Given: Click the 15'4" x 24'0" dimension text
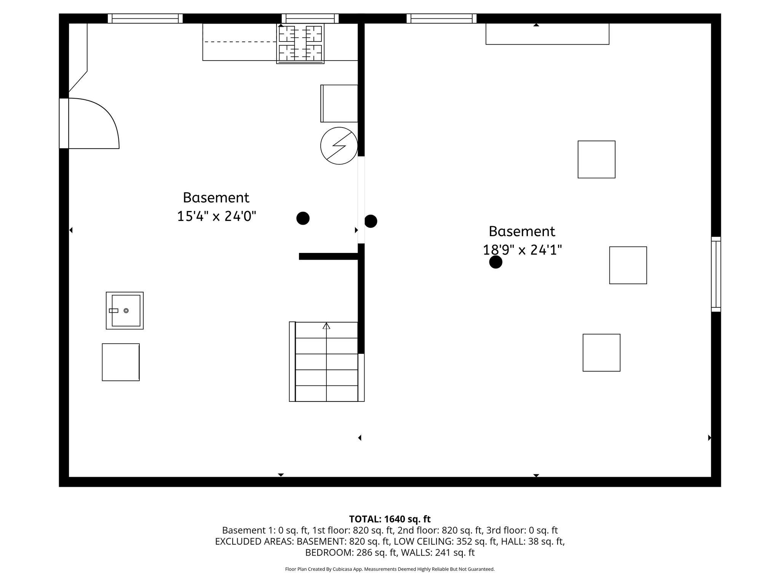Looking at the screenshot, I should [216, 217].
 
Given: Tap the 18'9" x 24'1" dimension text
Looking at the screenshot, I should [522, 250].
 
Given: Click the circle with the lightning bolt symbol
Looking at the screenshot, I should [339, 146].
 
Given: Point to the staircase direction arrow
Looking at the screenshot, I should [326, 326].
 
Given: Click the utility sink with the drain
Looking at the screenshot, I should [125, 311].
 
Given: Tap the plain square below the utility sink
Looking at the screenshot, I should [121, 362].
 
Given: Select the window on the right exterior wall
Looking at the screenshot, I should [716, 274].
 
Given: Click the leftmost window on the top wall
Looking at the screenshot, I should [145, 18].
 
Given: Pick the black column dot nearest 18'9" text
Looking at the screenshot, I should [495, 262].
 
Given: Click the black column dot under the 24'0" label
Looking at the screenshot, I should [303, 218].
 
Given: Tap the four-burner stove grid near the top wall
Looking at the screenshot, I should [300, 43].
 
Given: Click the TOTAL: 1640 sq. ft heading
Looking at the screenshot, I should [390, 519].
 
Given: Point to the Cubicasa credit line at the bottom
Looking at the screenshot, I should [390, 569].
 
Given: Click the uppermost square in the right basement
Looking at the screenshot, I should [596, 159].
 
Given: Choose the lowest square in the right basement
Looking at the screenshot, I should [601, 353].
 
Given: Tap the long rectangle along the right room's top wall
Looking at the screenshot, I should [547, 34].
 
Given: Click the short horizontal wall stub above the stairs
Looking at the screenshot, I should [328, 256].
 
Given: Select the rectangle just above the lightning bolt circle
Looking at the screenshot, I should [339, 104].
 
